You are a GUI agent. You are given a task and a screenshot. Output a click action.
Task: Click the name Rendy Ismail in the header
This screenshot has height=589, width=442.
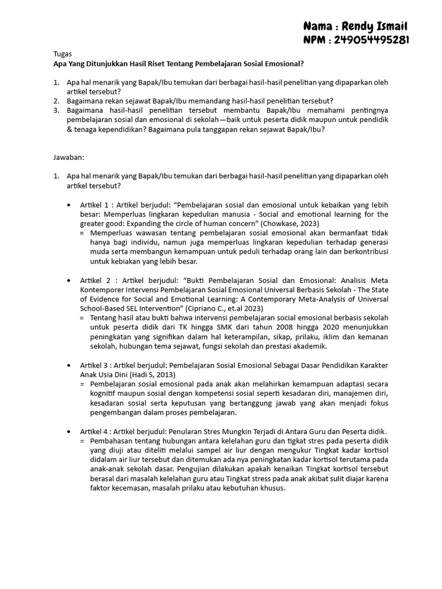point(374,26)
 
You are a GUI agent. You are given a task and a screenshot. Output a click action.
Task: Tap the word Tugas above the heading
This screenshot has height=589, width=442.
point(63,53)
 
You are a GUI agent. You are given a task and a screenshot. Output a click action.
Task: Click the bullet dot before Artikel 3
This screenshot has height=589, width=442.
point(70,365)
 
